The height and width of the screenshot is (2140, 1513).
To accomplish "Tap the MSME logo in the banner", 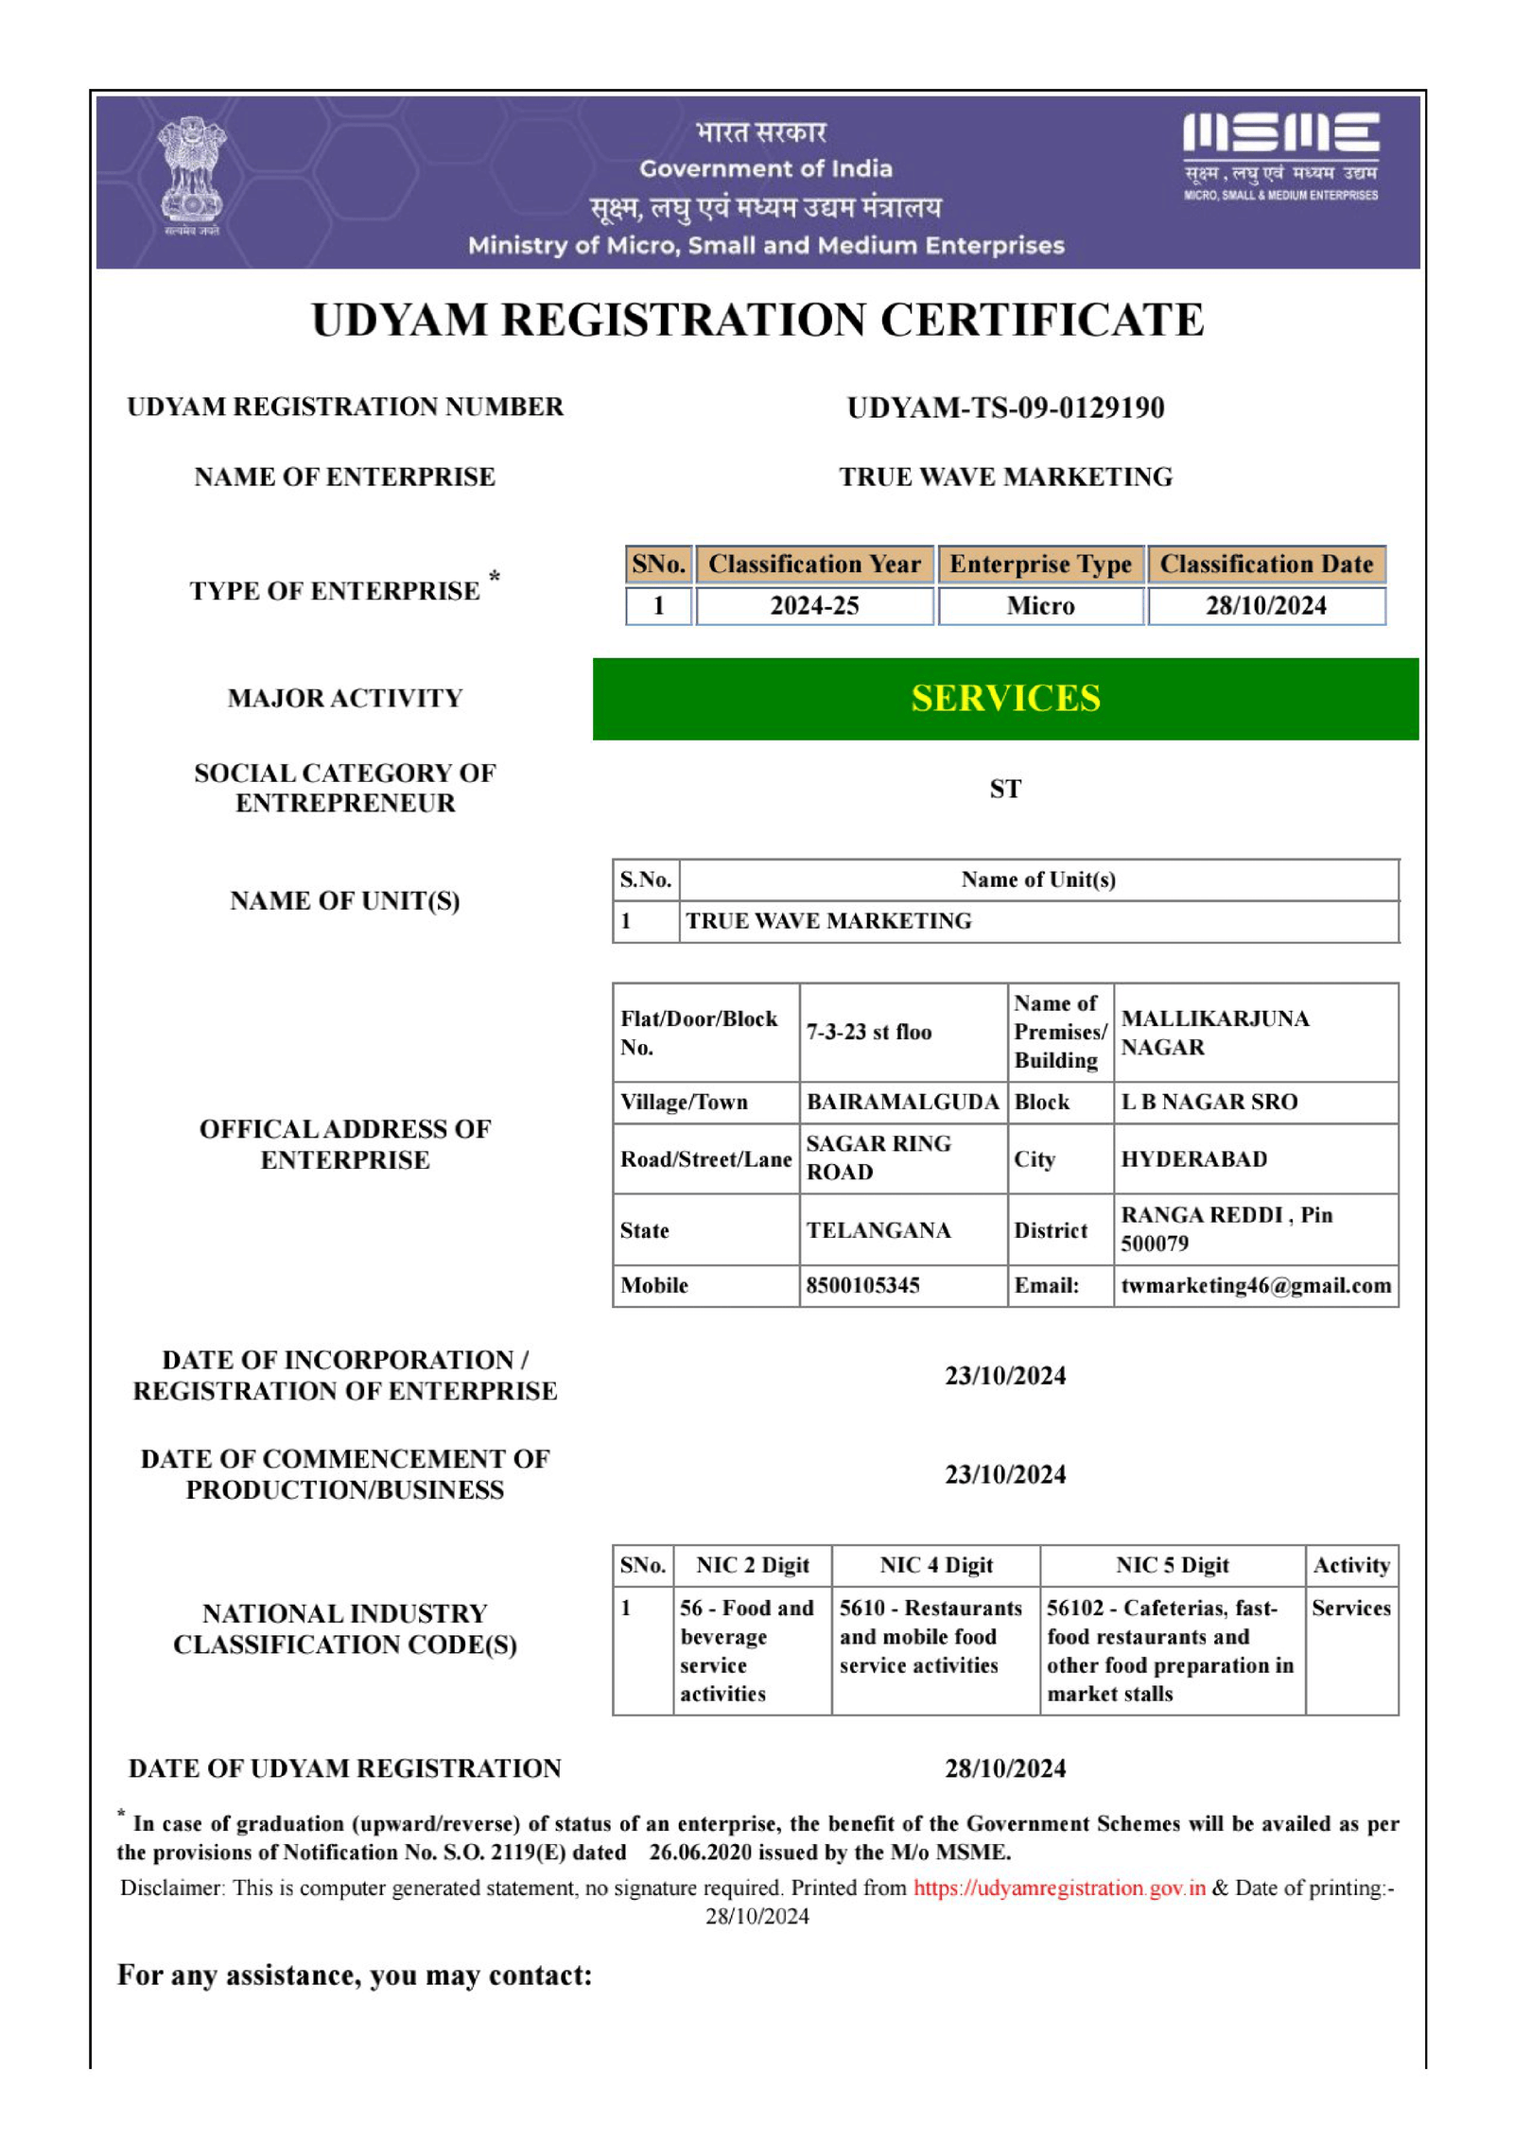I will [1280, 156].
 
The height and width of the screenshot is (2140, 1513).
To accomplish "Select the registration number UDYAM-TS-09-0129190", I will [1005, 408].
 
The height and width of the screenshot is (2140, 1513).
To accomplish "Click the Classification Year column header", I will [814, 564].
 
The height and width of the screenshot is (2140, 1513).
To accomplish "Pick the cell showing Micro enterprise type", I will [1040, 605].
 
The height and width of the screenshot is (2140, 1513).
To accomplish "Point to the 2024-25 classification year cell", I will [814, 605].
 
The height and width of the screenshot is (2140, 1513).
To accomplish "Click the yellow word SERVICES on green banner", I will [1005, 698].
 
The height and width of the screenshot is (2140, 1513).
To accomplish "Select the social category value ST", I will [1005, 789].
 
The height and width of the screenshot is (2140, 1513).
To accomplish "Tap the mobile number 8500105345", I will [862, 1285].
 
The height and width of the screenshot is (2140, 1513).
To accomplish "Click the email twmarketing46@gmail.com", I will [1256, 1285].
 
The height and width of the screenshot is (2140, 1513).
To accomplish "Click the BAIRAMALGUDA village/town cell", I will [902, 1102].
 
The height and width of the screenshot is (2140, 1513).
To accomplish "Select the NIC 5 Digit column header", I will [1172, 1565].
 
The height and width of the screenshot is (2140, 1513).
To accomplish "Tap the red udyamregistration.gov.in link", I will [1059, 1888].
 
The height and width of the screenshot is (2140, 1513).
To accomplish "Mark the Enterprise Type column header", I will [1040, 564].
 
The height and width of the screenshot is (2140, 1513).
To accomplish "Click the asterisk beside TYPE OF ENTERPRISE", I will [494, 576].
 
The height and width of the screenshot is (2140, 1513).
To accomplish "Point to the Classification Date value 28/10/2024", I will [1265, 605].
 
